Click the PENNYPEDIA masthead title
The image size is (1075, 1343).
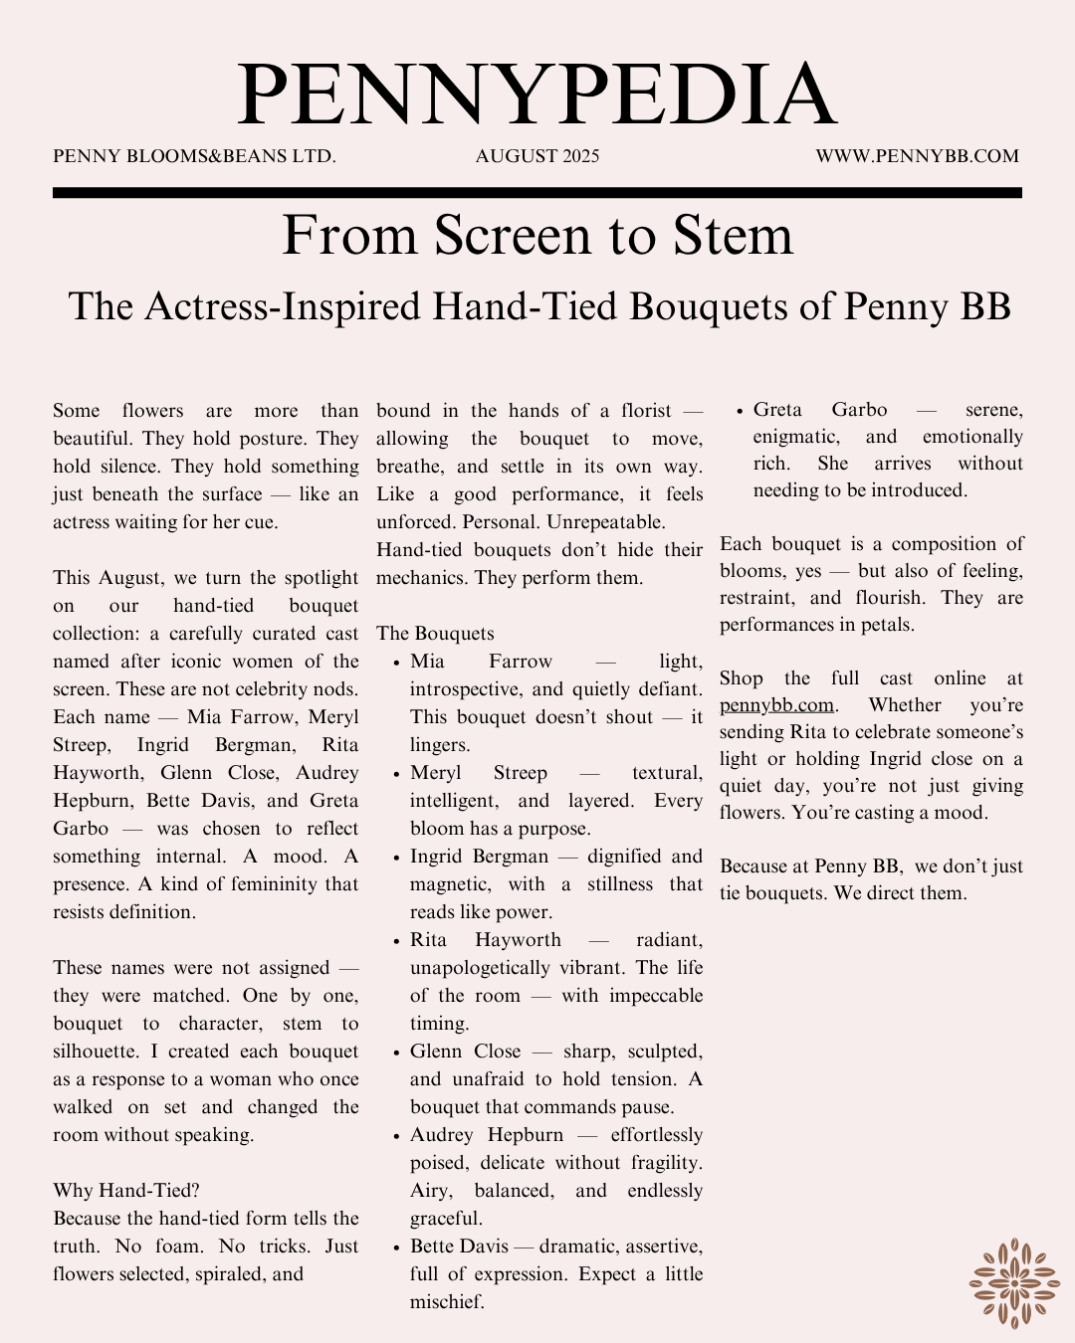pyautogui.click(x=537, y=96)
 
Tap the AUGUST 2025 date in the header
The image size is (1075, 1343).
pyautogui.click(x=537, y=156)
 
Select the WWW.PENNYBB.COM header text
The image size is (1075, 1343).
pyautogui.click(x=917, y=156)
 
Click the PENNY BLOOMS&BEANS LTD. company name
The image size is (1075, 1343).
pyautogui.click(x=194, y=156)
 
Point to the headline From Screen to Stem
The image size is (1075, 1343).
pyautogui.click(x=537, y=236)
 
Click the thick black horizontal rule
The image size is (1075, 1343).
pyautogui.click(x=537, y=193)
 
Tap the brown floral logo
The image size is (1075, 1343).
pyautogui.click(x=1013, y=1282)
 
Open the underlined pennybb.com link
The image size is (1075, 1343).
pyautogui.click(x=776, y=705)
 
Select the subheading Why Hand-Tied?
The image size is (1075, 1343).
pyautogui.click(x=126, y=1191)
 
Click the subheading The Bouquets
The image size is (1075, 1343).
pyautogui.click(x=435, y=634)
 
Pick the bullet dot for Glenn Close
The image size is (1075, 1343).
pyautogui.click(x=396, y=1053)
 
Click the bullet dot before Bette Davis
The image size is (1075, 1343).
pyautogui.click(x=396, y=1247)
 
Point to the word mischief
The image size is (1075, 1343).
pyautogui.click(x=446, y=1302)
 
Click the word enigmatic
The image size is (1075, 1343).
pyautogui.click(x=795, y=437)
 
